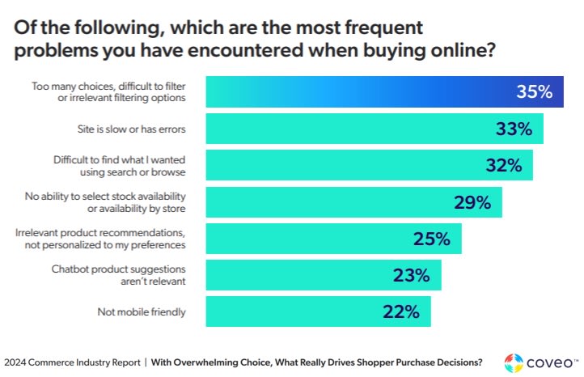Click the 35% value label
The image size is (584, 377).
[x=534, y=92]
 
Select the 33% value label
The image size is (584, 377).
[x=513, y=129]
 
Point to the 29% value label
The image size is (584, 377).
[x=472, y=202]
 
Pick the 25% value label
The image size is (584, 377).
[x=431, y=239]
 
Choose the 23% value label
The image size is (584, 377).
[x=411, y=275]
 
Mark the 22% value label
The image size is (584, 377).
[x=400, y=311]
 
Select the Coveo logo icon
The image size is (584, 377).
[x=513, y=361]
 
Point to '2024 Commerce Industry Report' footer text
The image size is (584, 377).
[x=71, y=362]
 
